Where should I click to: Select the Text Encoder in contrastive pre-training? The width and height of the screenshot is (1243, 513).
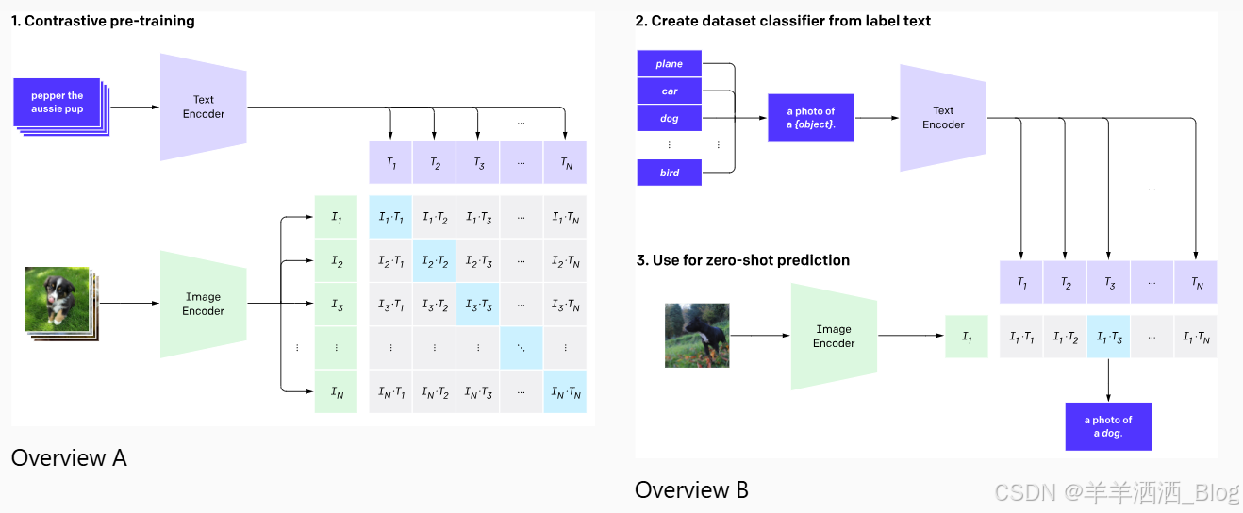coord(204,107)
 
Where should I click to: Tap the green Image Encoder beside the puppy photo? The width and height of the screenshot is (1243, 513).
coord(204,304)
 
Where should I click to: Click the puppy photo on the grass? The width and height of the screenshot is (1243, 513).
coord(57,299)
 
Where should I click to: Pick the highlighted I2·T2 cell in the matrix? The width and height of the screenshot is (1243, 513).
coord(434,260)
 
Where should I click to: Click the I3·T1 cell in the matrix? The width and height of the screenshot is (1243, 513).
coord(390,304)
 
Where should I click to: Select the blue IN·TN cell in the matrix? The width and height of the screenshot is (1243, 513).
coord(565,391)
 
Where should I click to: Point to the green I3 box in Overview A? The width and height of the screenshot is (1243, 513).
coord(337,304)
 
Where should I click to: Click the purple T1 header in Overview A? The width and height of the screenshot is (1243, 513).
coord(390,162)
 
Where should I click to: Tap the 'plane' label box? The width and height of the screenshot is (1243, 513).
coord(670,64)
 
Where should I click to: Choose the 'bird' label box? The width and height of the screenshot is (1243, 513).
coord(670,173)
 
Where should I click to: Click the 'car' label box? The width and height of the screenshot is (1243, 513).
coord(670,91)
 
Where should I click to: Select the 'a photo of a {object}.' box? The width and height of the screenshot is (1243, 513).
coord(811,118)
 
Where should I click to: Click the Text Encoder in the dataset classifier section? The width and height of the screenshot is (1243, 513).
coord(943,118)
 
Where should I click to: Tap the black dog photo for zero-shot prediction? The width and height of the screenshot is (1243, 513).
coord(697,335)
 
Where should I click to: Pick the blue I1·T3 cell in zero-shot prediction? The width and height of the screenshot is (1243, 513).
coord(1108,337)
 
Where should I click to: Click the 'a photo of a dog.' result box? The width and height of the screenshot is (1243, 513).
coord(1108,426)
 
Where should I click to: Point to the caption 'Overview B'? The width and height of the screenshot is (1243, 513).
coord(691,489)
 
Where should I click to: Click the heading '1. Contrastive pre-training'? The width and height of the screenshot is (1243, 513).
coord(103,21)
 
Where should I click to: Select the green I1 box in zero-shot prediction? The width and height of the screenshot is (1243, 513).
coord(967,337)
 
